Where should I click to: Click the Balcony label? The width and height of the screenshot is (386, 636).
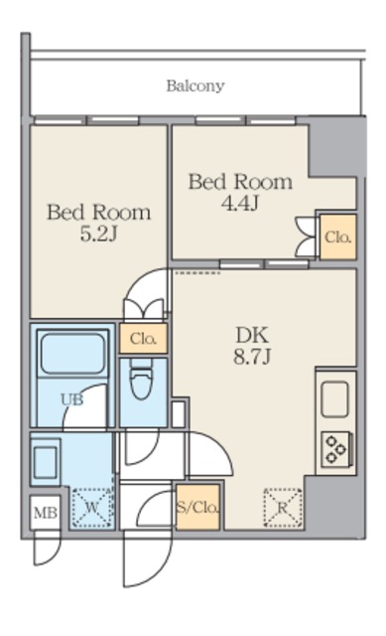195,86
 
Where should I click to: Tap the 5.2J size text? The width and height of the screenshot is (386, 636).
99,235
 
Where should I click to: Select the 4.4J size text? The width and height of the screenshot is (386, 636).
240,204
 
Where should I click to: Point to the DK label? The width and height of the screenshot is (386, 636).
252,336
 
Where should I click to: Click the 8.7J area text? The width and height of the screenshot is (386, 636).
252,357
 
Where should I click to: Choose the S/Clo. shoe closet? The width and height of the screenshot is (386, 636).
198,507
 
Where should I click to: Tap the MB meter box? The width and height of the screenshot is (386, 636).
46,513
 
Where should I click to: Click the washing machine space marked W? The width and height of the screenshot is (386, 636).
92,508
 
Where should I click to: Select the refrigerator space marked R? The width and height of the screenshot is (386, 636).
283,508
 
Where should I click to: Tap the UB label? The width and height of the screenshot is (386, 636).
72,399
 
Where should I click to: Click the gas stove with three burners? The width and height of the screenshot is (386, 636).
336,449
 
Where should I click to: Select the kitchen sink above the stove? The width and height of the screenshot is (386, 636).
335,399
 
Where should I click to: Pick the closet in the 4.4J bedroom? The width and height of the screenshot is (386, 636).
337,237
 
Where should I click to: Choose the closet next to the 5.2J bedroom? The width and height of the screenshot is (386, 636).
143,338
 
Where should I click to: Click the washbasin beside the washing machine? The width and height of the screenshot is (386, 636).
45,462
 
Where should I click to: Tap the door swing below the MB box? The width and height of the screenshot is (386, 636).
47,549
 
